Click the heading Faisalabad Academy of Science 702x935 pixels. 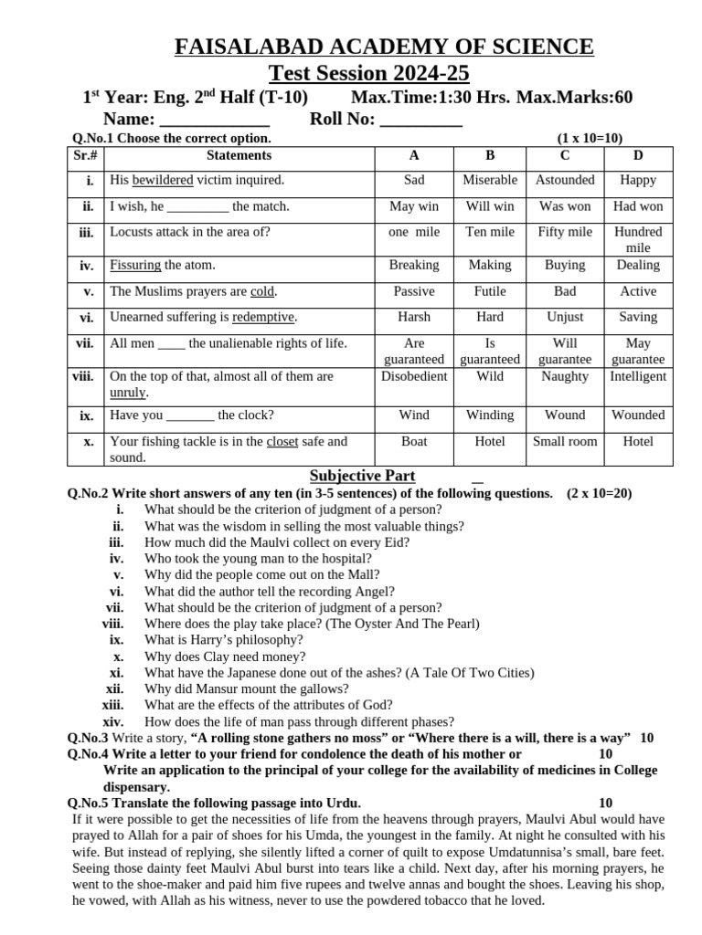(384, 47)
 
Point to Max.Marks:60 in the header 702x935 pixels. (575, 98)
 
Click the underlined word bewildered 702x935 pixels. (163, 180)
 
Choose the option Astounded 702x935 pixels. (565, 180)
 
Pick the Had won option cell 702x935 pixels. (638, 206)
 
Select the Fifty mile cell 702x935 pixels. (565, 232)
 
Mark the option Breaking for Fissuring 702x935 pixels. (414, 265)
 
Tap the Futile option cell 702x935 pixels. (490, 291)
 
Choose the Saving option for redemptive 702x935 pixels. (638, 317)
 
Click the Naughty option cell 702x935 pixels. (565, 376)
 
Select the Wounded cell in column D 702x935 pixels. (638, 415)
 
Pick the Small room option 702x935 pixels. (565, 441)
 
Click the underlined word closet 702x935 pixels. (282, 441)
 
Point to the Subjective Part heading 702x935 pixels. (362, 476)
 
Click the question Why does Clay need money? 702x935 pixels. (225, 657)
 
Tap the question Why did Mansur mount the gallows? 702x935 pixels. (247, 689)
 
